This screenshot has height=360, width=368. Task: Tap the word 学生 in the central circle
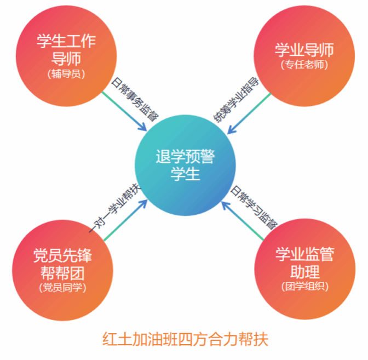click(x=186, y=175)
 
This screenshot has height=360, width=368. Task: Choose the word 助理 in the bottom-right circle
click(x=304, y=271)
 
